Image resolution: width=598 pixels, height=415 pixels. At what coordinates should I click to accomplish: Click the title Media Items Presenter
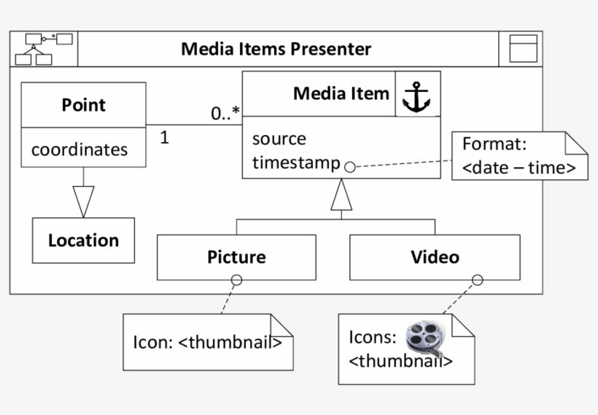[276, 49]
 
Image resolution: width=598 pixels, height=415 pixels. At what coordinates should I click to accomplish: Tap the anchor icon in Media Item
[417, 96]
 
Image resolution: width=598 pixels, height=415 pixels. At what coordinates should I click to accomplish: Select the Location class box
[83, 240]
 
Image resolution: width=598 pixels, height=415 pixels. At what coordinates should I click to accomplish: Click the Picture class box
[236, 257]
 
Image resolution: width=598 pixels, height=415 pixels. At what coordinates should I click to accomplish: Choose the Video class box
[435, 257]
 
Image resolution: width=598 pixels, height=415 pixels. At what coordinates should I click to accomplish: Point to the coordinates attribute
[79, 150]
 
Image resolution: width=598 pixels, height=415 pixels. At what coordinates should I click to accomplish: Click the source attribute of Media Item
[279, 139]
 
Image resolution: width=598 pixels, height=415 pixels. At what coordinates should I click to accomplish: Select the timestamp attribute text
[295, 163]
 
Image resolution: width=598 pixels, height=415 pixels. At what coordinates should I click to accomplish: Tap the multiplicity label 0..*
[225, 114]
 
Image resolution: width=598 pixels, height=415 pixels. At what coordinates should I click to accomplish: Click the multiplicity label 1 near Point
[164, 137]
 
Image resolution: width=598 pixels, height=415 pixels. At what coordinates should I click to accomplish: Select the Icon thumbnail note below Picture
[207, 342]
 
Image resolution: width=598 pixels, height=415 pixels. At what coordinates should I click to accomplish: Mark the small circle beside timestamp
[349, 166]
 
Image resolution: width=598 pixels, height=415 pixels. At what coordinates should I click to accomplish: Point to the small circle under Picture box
[236, 280]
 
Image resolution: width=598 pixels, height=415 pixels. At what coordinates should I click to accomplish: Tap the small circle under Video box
[478, 280]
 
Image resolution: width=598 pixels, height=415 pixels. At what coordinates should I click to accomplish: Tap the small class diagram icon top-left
[43, 49]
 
